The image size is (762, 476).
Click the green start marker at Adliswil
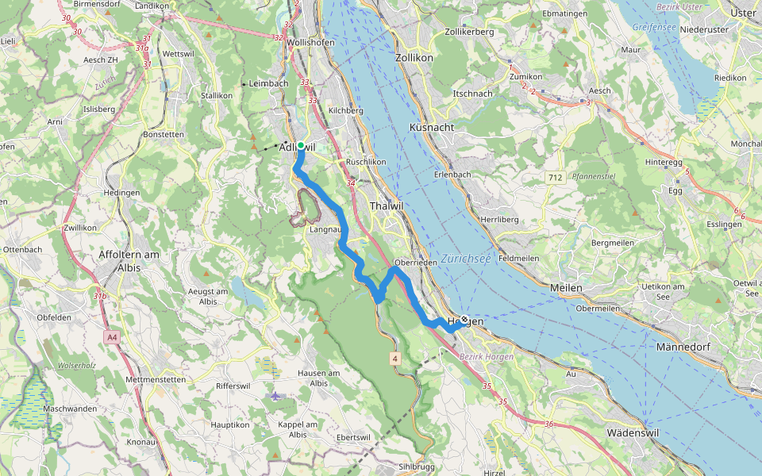(x=301, y=145)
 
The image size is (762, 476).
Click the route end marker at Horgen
(x=464, y=319)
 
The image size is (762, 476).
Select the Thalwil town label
(x=387, y=206)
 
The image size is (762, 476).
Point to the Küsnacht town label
(x=432, y=127)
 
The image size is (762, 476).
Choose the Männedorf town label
(x=688, y=347)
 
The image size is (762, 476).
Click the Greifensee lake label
(x=653, y=27)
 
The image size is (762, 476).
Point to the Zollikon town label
(x=414, y=57)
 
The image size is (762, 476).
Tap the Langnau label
(x=325, y=229)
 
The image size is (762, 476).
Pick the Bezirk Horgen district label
(x=487, y=357)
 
